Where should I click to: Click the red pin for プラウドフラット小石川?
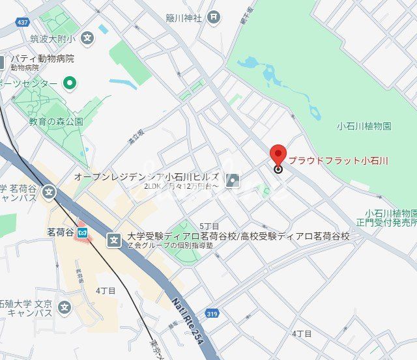pos(278,156)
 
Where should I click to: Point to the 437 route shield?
pos(23,22)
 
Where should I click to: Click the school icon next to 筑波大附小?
pos(87,38)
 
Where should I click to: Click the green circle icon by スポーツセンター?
pos(70,83)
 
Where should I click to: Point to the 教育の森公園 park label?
pos(56,122)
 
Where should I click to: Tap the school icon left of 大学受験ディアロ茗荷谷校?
pos(113,240)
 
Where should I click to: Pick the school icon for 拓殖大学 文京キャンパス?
pos(64,307)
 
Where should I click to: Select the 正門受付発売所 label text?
pos(390,222)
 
